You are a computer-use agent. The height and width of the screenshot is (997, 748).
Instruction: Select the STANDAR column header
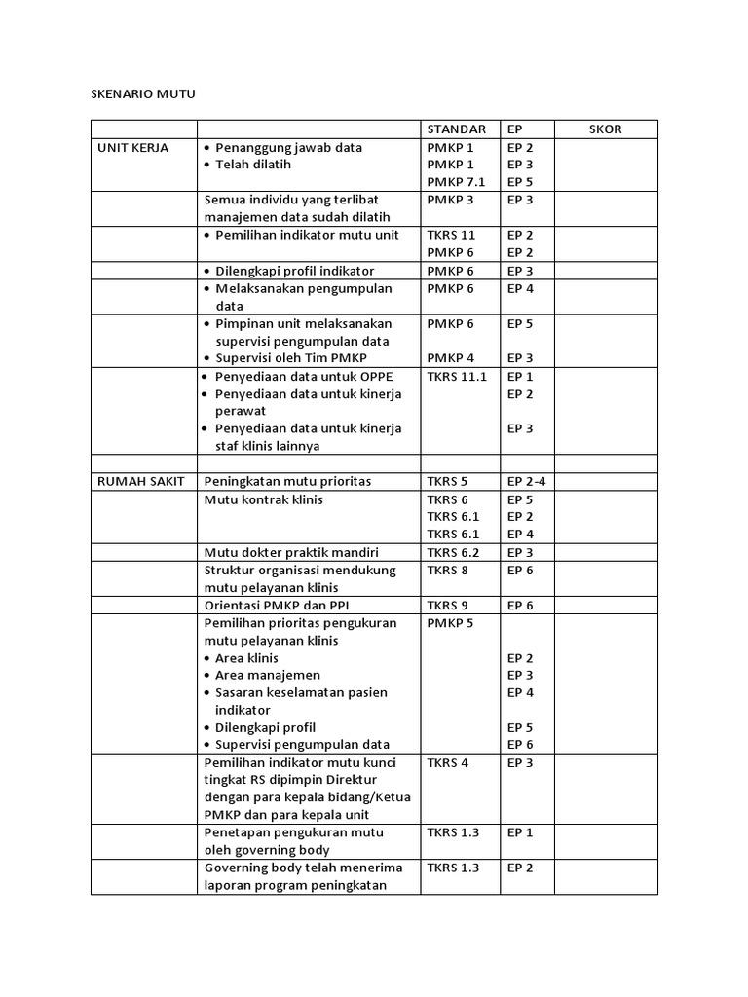[456, 129]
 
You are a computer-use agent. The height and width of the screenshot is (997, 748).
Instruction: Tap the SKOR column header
[605, 129]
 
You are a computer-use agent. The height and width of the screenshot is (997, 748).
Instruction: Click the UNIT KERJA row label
[132, 148]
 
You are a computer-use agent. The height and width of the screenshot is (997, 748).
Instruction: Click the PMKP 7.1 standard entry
[455, 182]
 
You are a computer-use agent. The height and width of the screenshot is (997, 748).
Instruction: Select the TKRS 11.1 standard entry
[456, 376]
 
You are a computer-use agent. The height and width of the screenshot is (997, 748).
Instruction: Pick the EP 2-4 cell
[526, 481]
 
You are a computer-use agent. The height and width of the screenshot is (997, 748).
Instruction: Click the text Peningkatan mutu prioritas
[287, 481]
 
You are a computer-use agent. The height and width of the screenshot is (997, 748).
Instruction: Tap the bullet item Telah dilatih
[253, 165]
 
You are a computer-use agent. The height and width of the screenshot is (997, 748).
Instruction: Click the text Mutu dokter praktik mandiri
[291, 552]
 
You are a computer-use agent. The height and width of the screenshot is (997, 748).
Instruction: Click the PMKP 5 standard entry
[449, 622]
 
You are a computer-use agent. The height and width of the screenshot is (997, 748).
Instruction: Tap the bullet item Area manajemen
[267, 675]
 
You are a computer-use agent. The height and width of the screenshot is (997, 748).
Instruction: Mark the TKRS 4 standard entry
[447, 762]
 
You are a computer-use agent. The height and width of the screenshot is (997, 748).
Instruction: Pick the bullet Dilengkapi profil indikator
[294, 270]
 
